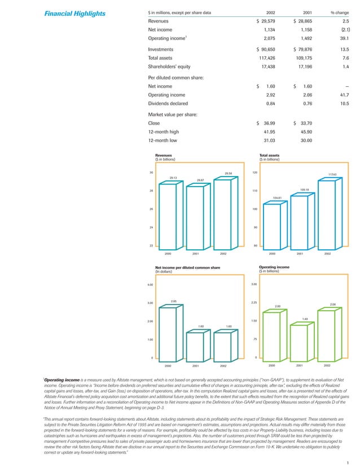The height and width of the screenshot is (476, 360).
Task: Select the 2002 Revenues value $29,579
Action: click(x=270, y=21)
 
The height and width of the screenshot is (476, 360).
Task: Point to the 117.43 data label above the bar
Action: click(x=332, y=175)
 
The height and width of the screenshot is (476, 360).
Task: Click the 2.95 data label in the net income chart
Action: click(x=174, y=301)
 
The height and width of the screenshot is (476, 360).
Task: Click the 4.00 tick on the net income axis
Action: click(x=150, y=285)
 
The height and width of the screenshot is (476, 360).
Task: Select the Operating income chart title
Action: click(x=274, y=267)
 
